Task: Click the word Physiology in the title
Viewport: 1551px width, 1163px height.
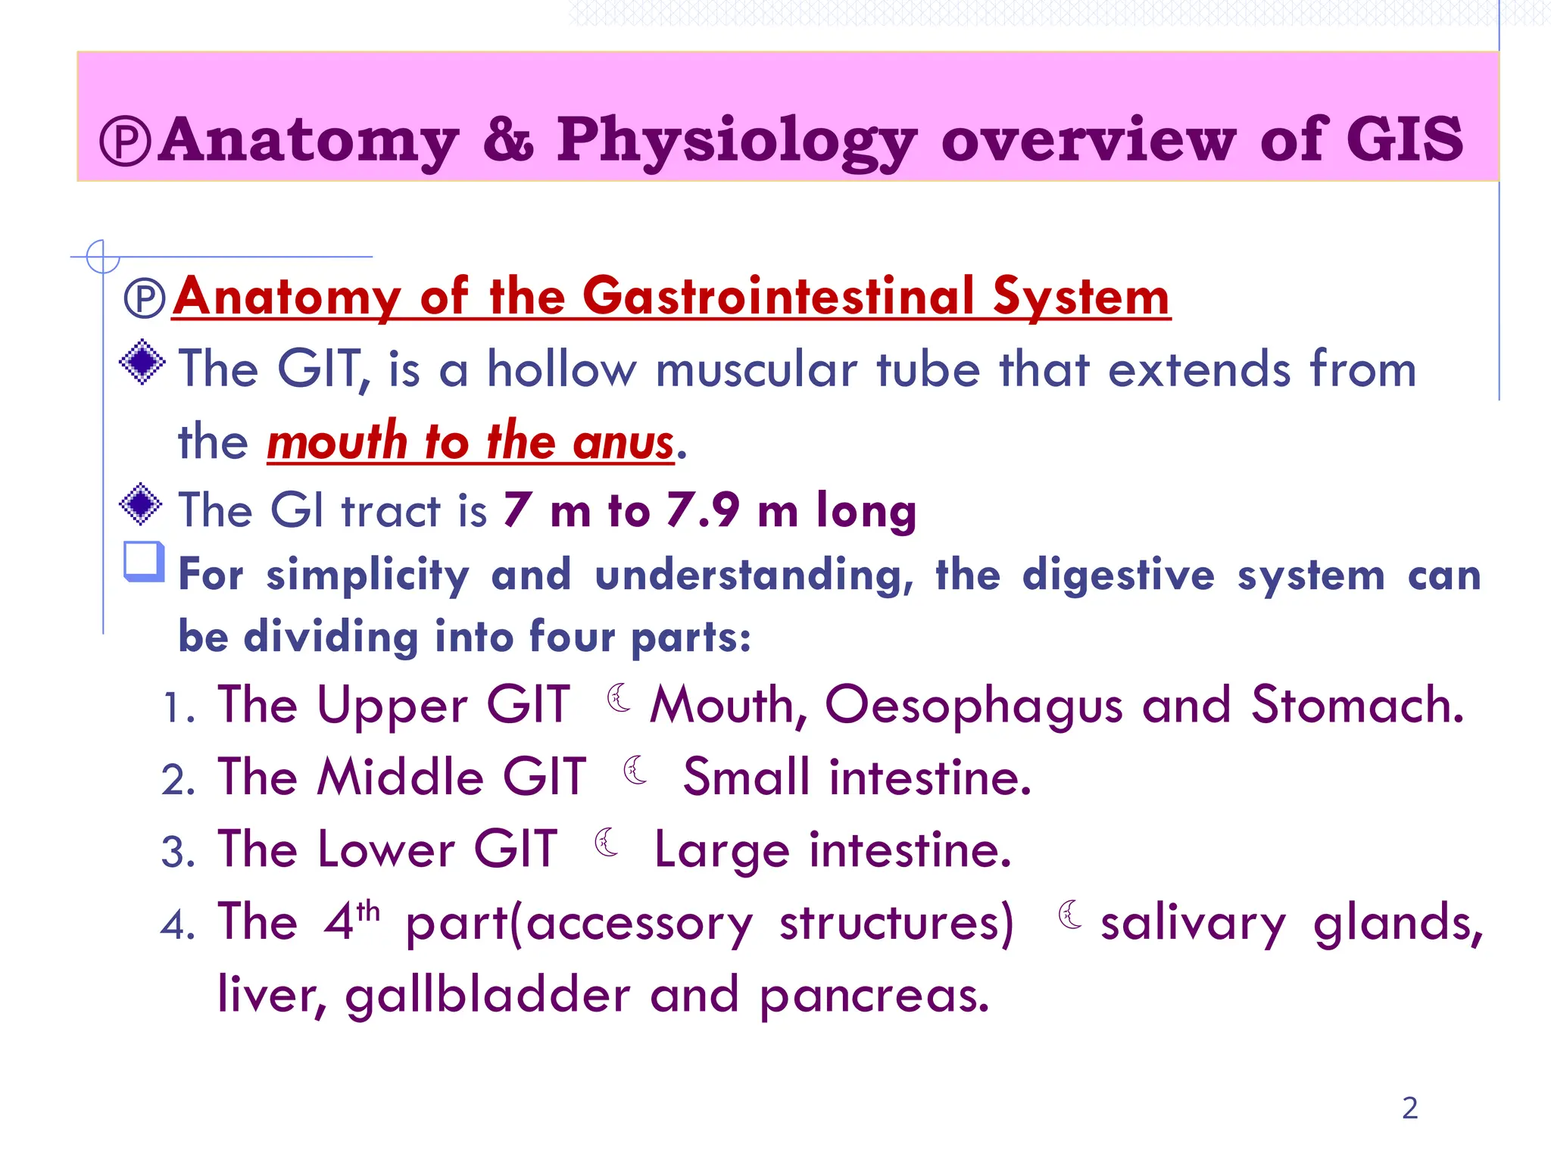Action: [736, 141]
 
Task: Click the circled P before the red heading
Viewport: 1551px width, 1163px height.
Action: [144, 298]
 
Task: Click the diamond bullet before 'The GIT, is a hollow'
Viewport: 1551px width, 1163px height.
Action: [142, 363]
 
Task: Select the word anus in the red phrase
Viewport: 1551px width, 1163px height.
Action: [623, 441]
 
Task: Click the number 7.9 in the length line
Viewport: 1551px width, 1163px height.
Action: [702, 510]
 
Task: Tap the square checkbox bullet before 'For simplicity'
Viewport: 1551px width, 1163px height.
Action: [144, 562]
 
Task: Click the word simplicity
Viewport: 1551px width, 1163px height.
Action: [368, 575]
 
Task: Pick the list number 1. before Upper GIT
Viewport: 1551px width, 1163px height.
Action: [179, 709]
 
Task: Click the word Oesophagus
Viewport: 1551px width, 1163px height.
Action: [973, 706]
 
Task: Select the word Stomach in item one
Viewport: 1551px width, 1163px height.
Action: [1356, 705]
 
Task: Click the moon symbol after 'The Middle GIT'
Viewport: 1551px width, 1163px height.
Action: [635, 771]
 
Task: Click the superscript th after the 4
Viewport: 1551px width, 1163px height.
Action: [368, 909]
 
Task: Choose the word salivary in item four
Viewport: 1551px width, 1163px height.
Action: [1193, 924]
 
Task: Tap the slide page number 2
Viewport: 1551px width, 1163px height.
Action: [1409, 1108]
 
